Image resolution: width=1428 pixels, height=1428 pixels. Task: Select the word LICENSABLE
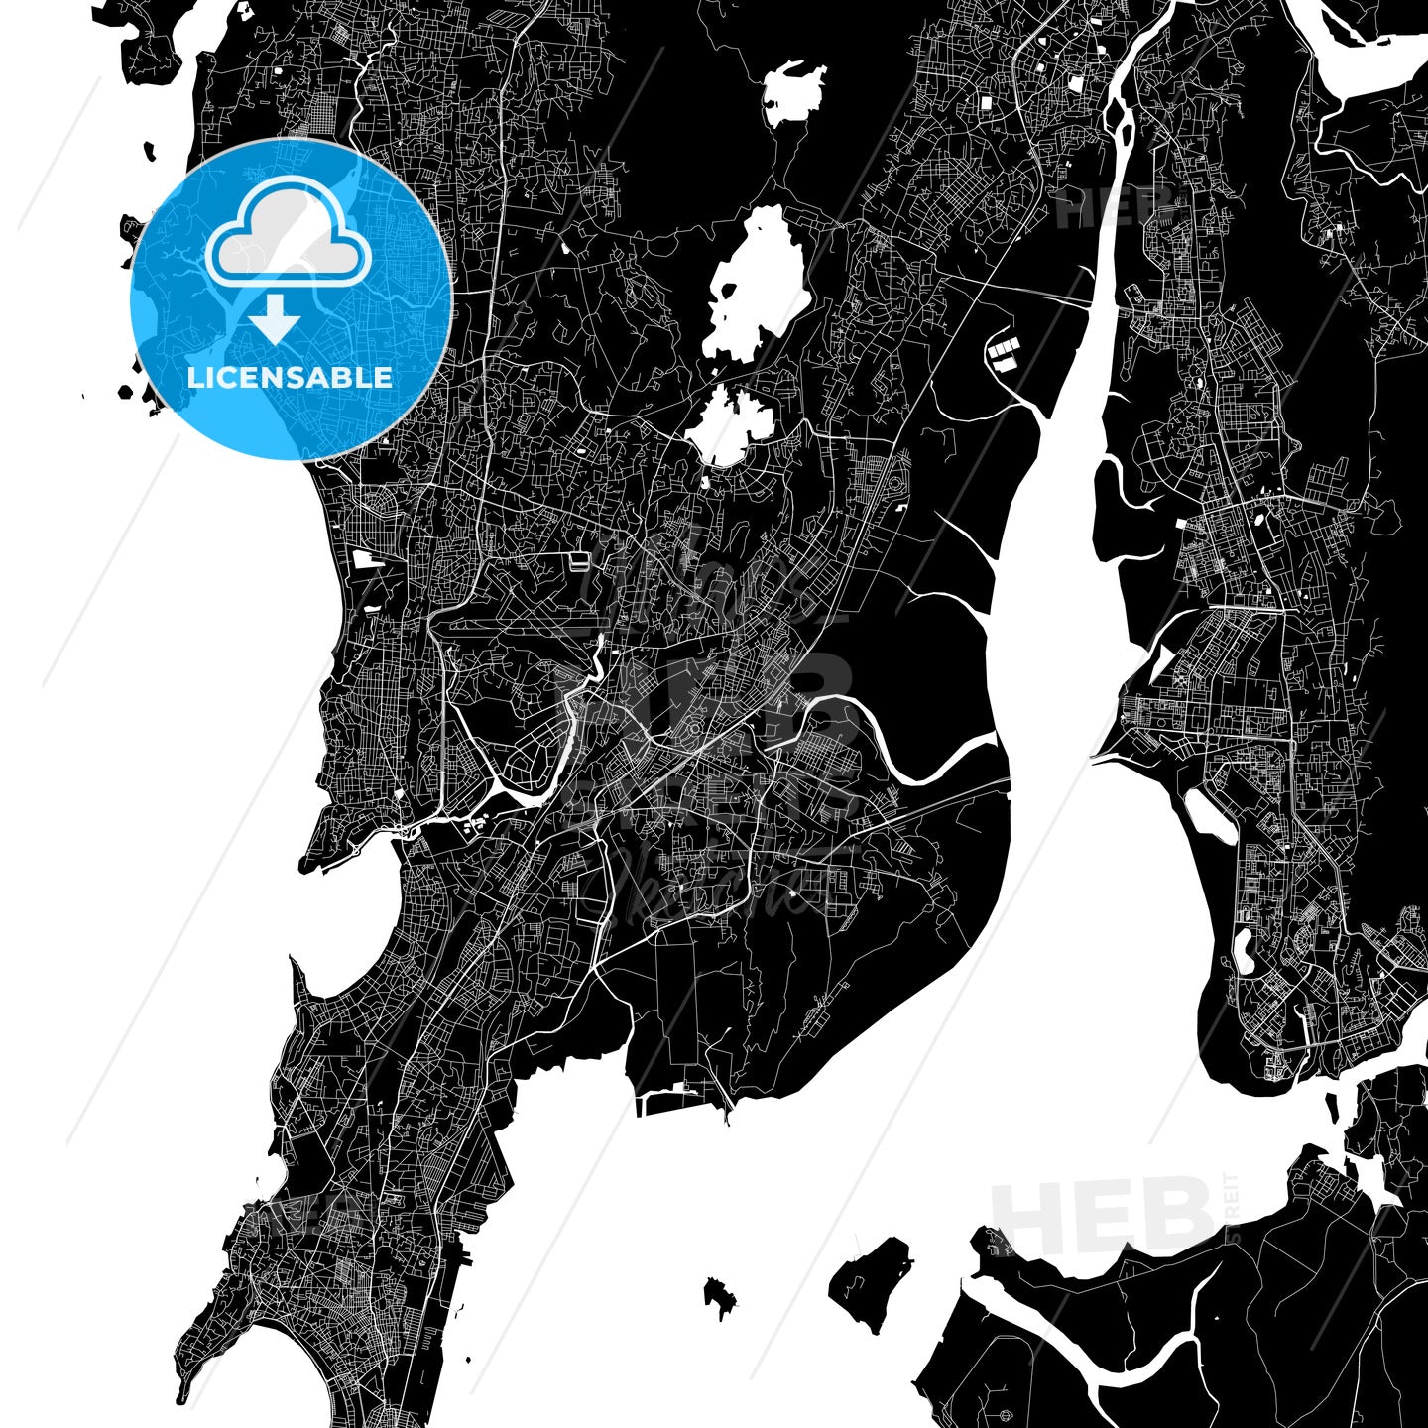(x=290, y=378)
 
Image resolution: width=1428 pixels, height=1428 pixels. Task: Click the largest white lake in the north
(x=758, y=285)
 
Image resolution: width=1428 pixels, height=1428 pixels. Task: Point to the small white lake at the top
(x=794, y=93)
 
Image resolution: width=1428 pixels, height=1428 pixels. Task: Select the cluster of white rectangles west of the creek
(x=1003, y=353)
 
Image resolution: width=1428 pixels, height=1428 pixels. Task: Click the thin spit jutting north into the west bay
(x=297, y=982)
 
